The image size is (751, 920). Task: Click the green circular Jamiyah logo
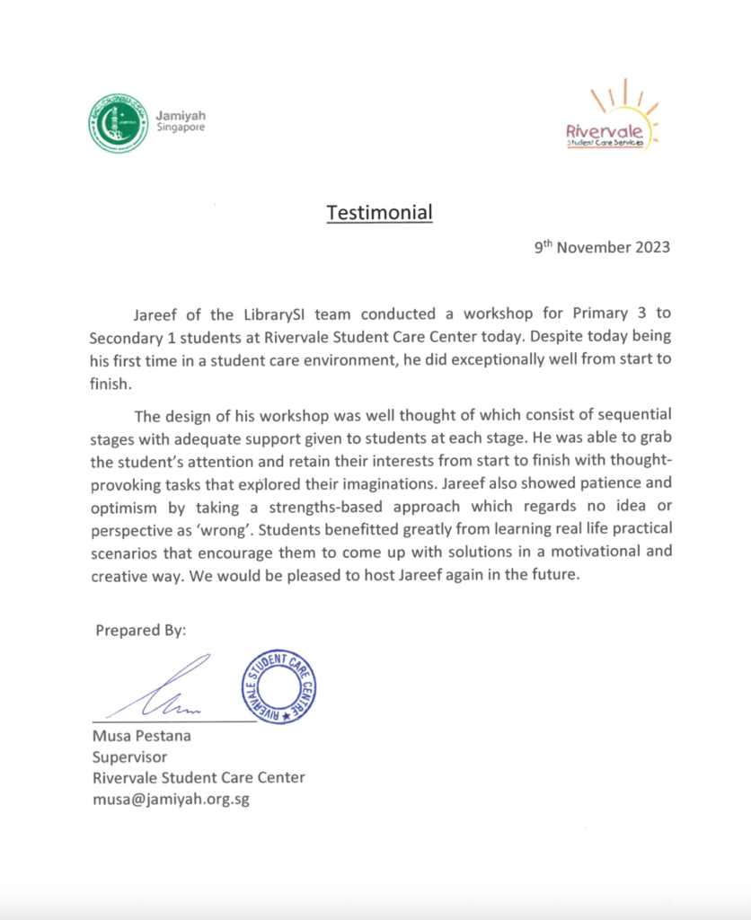(118, 123)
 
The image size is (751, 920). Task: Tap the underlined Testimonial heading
(379, 213)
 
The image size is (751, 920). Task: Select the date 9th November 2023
(602, 248)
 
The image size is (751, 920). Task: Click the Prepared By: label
(141, 631)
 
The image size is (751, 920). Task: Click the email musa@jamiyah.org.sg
(171, 799)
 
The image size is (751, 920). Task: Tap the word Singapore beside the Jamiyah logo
(181, 128)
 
